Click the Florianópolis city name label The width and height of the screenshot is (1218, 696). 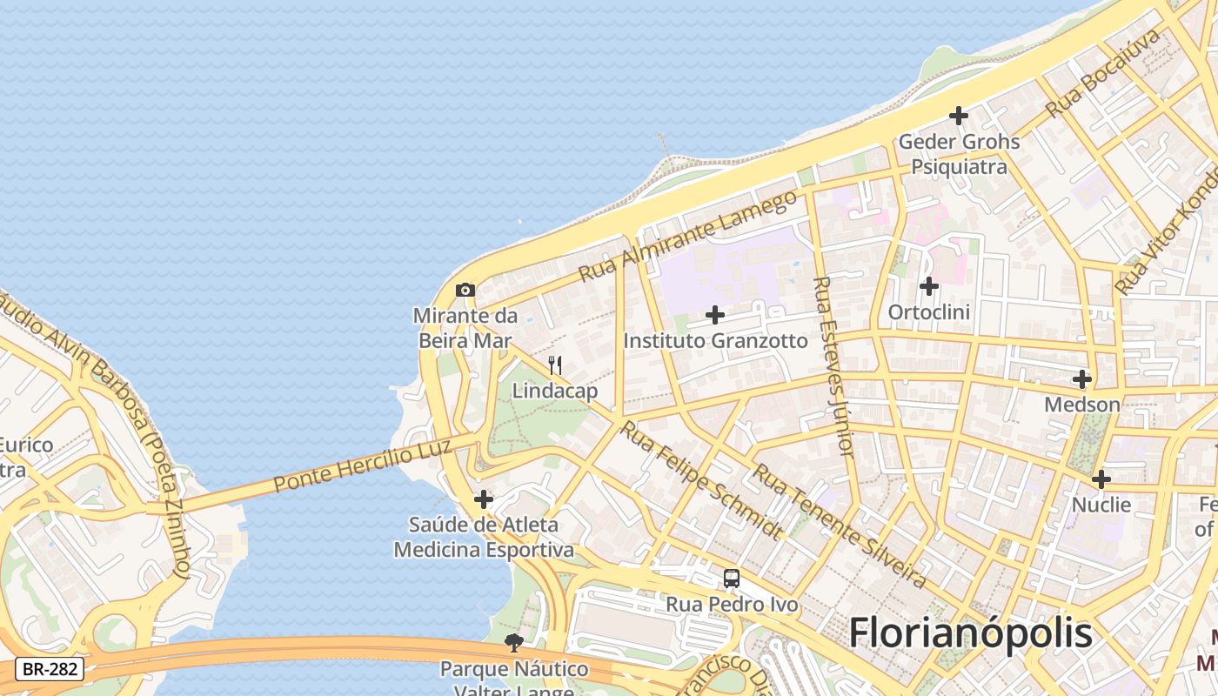(970, 632)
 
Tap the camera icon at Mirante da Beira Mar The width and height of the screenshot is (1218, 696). (465, 290)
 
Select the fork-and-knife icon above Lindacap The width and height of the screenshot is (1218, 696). (554, 365)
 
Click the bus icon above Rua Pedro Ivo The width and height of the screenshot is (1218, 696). (732, 578)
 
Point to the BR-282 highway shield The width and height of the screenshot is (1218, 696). (50, 669)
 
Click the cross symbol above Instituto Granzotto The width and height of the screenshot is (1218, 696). (715, 315)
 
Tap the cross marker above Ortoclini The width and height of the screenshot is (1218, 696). (929, 285)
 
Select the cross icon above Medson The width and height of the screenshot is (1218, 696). (1082, 379)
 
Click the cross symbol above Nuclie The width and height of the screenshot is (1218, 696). (1101, 479)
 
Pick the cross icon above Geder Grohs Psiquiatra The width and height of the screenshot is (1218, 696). (959, 115)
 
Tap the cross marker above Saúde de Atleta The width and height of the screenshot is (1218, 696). (484, 499)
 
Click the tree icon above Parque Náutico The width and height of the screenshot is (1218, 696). (514, 643)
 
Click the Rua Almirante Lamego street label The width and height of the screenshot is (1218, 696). (687, 236)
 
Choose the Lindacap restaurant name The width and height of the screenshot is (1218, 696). (554, 391)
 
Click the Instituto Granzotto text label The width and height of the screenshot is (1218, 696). (715, 341)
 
